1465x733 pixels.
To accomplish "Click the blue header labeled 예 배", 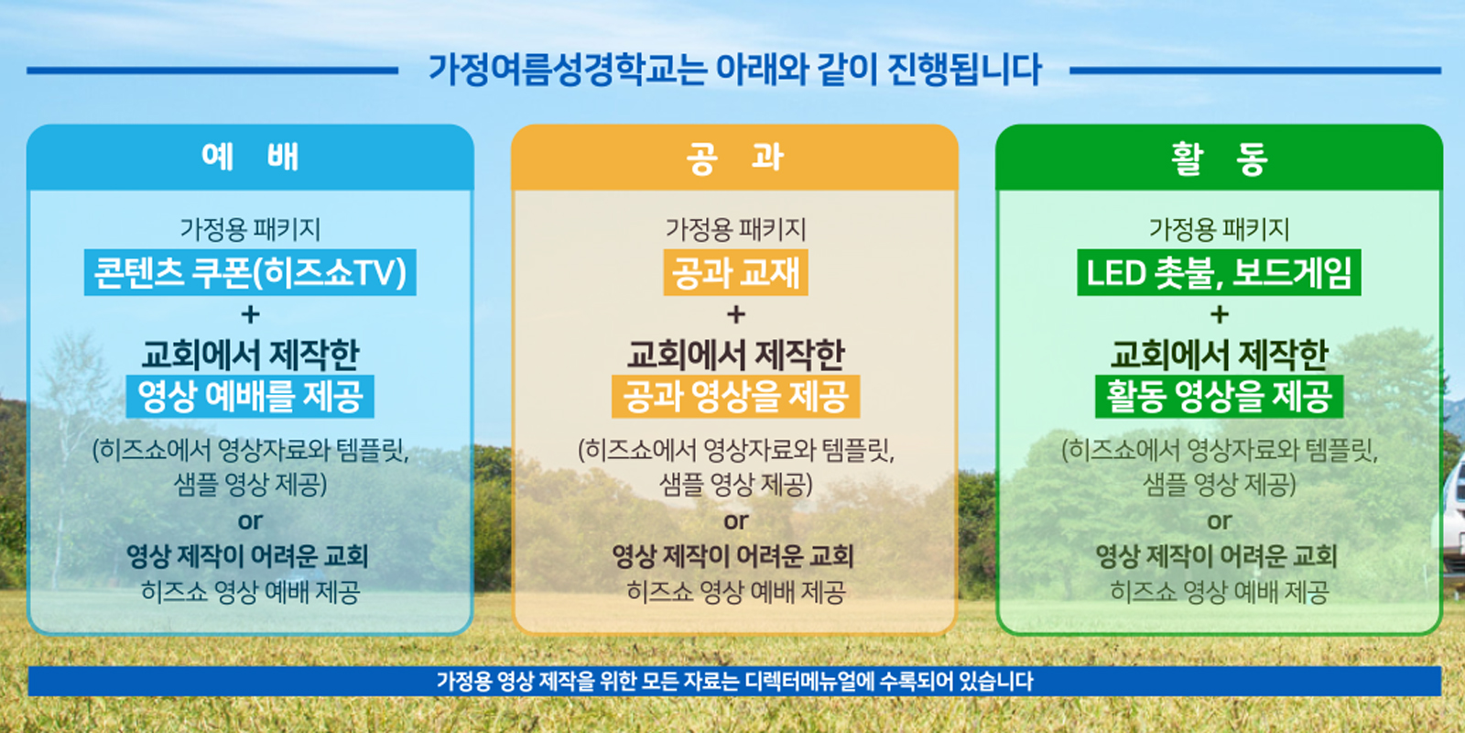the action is click(250, 157).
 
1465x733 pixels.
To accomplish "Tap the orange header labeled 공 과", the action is click(734, 157).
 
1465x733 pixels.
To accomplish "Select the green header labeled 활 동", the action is click(1219, 157).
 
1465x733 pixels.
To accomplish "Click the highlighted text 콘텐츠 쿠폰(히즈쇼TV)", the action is click(250, 272).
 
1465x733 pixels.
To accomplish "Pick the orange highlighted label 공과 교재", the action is click(736, 272).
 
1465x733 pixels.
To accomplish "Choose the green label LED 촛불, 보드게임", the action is click(1219, 272).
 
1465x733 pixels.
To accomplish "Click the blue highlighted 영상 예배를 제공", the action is click(250, 396).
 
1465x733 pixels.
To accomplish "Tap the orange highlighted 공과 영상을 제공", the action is click(736, 396).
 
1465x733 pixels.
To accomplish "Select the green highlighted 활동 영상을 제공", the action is click(1219, 396).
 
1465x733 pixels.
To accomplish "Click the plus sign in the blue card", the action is click(251, 315).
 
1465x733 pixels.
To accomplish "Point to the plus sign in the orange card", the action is click(736, 315).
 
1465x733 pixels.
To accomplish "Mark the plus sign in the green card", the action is click(1219, 315).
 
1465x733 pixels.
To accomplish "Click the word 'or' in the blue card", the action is click(251, 521).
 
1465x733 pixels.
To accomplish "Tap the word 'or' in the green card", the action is click(1219, 521).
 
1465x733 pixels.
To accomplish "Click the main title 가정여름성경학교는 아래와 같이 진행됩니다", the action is click(734, 70).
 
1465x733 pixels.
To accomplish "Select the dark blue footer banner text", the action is click(734, 682).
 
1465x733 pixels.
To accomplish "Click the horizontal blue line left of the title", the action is click(212, 70).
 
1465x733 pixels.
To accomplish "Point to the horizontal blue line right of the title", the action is click(1255, 70).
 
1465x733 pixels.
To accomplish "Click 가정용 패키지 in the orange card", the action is click(736, 229).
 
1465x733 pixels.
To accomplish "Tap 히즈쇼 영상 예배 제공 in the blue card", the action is click(251, 592).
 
